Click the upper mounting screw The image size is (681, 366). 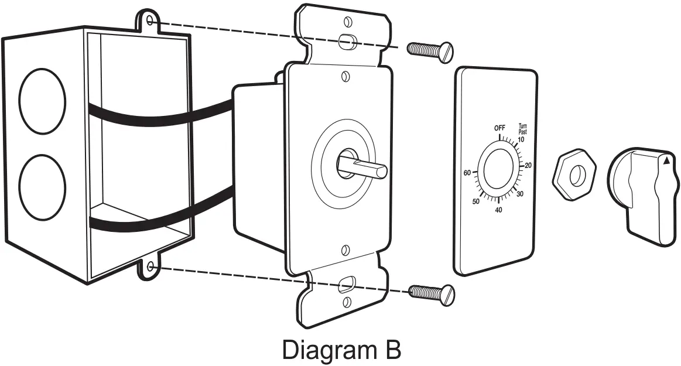click(430, 52)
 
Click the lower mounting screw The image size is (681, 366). click(432, 292)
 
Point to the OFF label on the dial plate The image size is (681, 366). click(499, 128)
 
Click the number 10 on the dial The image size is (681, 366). click(521, 139)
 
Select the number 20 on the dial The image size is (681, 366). click(528, 166)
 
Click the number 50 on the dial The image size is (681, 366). click(476, 201)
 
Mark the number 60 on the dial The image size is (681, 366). click(467, 173)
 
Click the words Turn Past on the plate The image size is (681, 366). click(523, 129)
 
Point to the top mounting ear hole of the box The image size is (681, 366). click(150, 22)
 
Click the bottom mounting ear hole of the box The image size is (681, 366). click(151, 267)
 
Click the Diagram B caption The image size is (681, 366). click(341, 350)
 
